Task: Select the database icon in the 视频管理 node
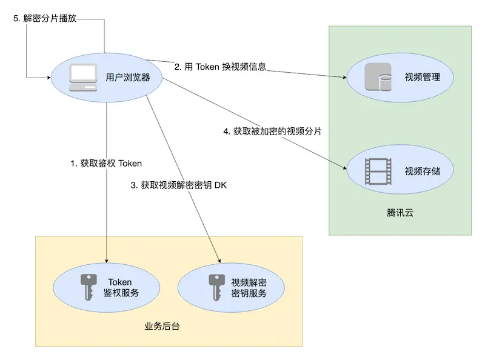tap(375, 78)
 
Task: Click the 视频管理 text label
tap(422, 78)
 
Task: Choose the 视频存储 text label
tap(423, 172)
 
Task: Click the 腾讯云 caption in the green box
tap(400, 213)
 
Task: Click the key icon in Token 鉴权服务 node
tap(89, 287)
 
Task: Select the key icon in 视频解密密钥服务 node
tap(214, 287)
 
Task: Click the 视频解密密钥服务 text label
tap(249, 287)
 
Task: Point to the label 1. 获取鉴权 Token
tap(106, 163)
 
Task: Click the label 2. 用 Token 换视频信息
tap(220, 67)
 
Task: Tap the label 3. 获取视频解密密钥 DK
tap(178, 185)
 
